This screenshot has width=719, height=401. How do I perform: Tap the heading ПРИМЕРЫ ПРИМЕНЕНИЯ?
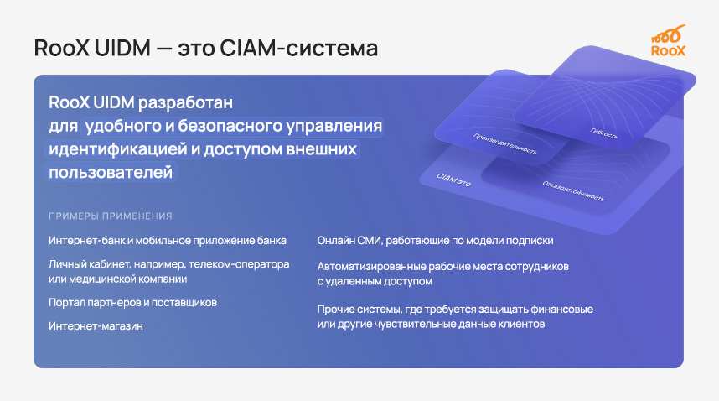[111, 216]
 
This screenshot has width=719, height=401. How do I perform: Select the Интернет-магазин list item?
[96, 325]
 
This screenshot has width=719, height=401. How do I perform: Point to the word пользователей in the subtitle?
[111, 172]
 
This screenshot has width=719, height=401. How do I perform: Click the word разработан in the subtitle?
[189, 103]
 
